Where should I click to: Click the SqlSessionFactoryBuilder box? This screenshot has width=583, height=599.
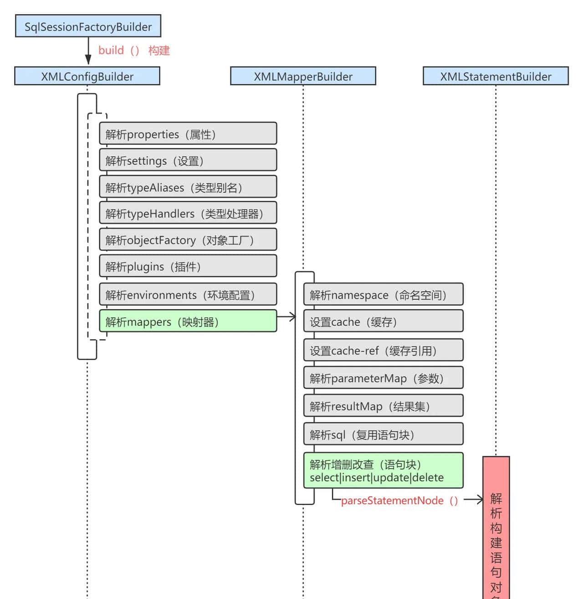click(x=88, y=26)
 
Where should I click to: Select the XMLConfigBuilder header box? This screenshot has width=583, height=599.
click(x=87, y=76)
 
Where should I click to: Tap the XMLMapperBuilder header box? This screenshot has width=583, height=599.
click(x=303, y=76)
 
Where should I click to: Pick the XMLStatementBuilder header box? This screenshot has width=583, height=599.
click(x=496, y=76)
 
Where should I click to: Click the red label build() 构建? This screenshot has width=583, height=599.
click(x=134, y=50)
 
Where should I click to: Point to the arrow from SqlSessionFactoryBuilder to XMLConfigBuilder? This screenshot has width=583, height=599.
click(x=88, y=52)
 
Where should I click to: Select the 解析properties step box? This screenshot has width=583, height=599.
click(x=188, y=134)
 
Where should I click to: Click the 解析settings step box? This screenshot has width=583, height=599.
click(x=188, y=160)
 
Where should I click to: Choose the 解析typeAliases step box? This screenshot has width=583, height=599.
click(x=188, y=187)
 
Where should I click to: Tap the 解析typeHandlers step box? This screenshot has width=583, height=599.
click(x=188, y=213)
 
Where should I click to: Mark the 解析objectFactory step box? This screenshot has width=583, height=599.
click(x=188, y=240)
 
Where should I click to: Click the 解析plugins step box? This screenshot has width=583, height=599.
click(x=188, y=266)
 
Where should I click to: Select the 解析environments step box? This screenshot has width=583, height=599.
click(x=188, y=294)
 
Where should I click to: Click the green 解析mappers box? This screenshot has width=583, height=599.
click(x=188, y=321)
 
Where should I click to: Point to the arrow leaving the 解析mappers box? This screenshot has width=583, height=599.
click(x=286, y=316)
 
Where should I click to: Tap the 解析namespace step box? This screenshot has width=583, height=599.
click(x=383, y=294)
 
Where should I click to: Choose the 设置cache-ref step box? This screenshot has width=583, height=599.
click(x=383, y=350)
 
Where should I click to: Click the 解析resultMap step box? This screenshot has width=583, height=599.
click(x=383, y=406)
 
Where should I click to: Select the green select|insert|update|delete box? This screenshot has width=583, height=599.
click(x=383, y=470)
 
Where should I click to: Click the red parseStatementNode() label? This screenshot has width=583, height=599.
click(x=399, y=500)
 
